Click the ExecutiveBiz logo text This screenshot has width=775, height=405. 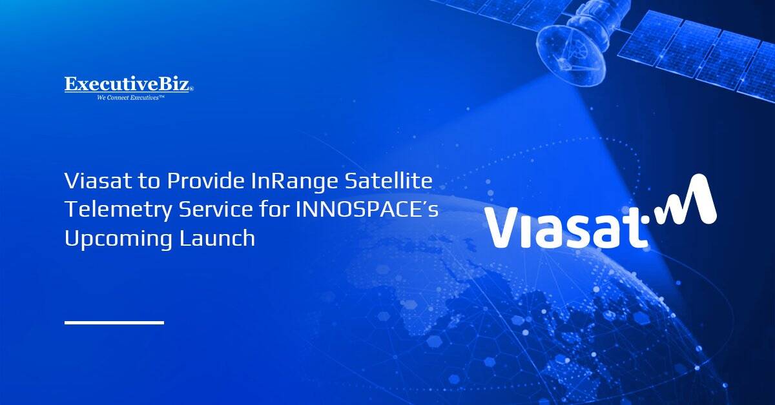[128, 84]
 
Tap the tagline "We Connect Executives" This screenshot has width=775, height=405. [130, 97]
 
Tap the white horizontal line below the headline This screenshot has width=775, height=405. [114, 322]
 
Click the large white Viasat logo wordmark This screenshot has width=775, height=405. [565, 226]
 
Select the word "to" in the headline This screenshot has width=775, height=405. [149, 182]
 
